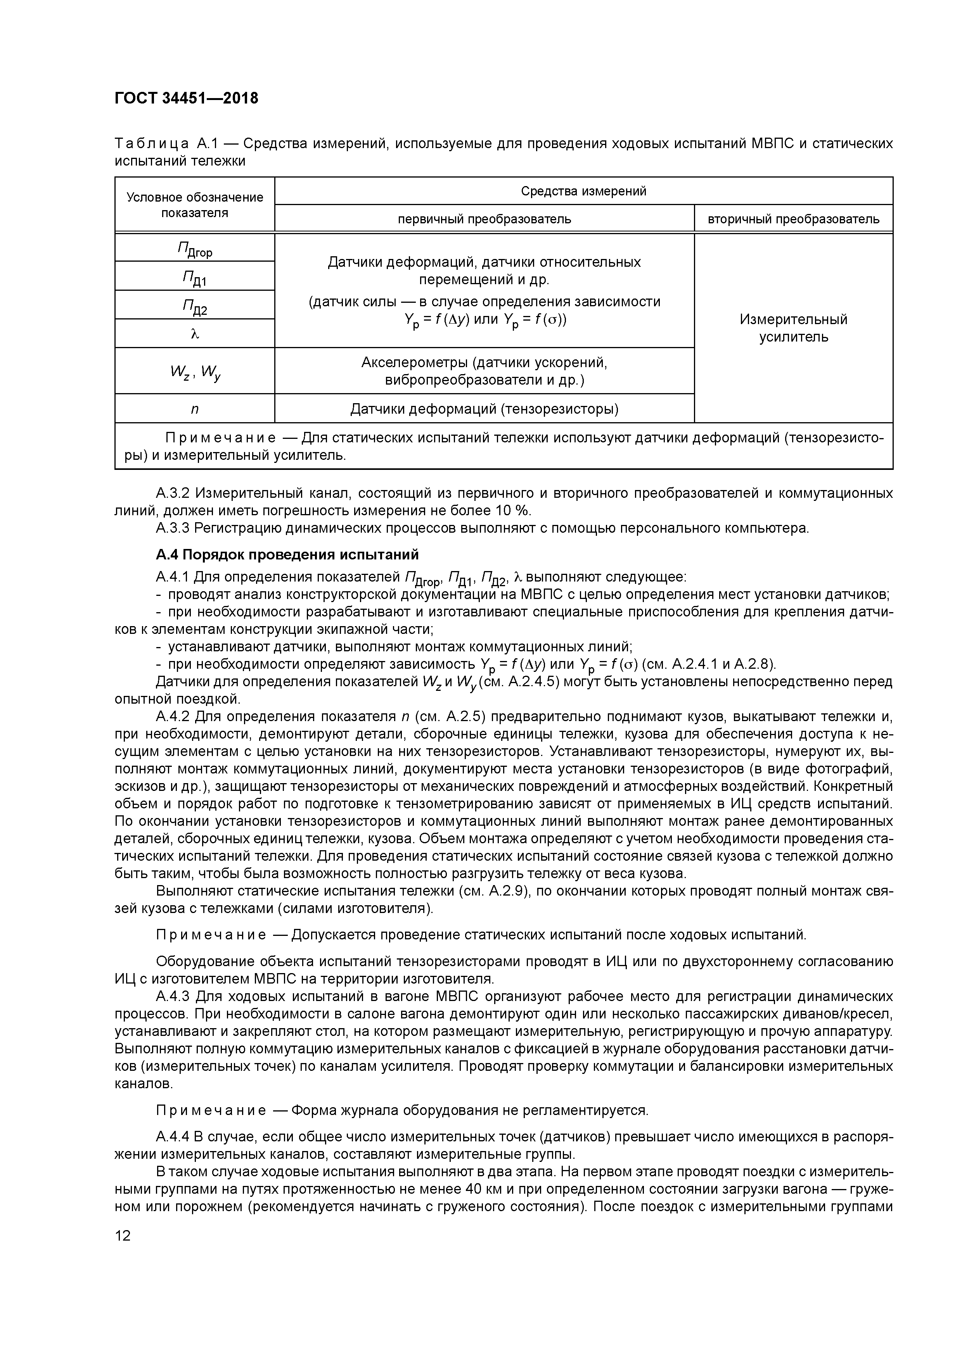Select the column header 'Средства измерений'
tap(583, 191)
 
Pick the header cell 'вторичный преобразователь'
tap(793, 219)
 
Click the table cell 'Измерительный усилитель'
tap(793, 328)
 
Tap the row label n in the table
tap(194, 409)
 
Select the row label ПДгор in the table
tap(194, 249)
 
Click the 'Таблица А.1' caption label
tap(169, 144)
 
